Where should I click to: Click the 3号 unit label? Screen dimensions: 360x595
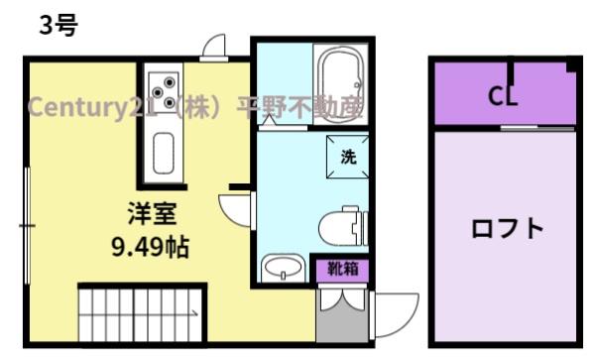57,27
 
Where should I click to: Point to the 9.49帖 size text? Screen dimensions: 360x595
150,245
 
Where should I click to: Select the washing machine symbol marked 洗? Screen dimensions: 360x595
347,157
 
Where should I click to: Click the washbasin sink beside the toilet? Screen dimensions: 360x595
285,268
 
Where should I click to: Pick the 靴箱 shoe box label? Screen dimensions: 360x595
342,268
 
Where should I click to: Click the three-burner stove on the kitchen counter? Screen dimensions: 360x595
165,91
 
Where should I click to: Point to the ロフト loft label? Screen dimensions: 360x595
507,229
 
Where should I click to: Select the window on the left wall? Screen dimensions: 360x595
27,227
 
